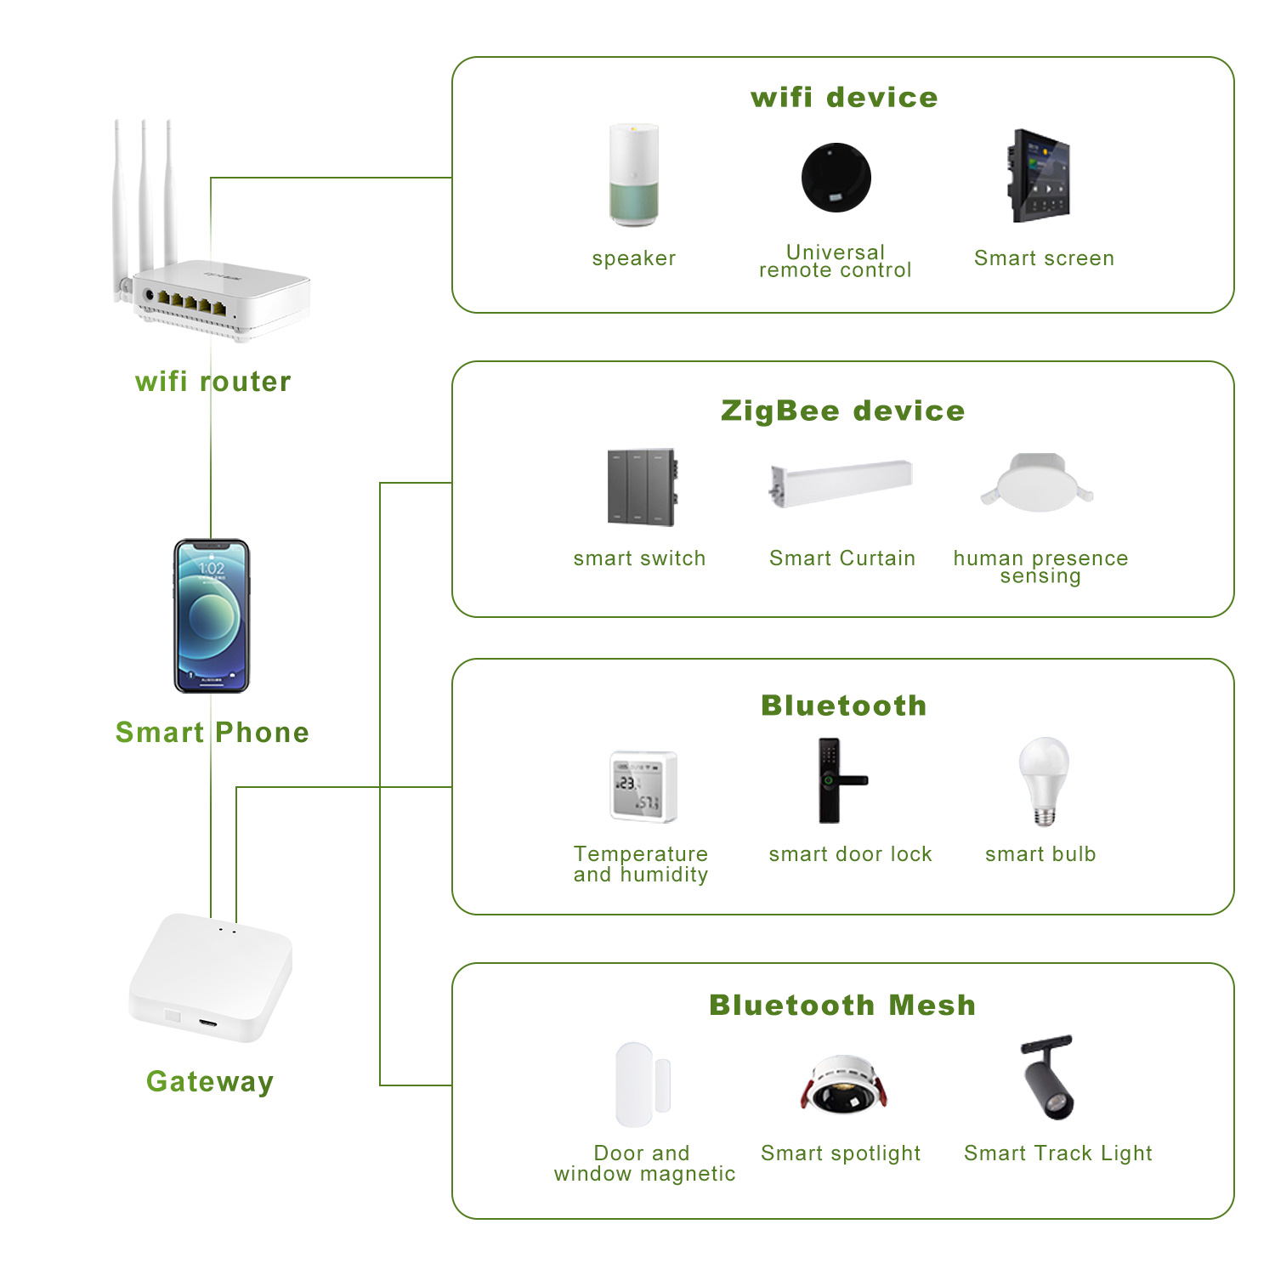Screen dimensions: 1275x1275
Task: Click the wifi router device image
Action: [x=217, y=297]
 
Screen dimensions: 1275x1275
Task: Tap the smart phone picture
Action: [x=212, y=616]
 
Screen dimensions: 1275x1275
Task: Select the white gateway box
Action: [x=211, y=977]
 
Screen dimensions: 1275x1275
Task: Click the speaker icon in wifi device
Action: [x=634, y=176]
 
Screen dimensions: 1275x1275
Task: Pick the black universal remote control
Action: [x=836, y=178]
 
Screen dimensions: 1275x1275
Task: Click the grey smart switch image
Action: [x=643, y=488]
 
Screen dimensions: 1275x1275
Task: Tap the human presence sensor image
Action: [x=1037, y=483]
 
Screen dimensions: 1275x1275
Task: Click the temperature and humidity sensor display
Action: [x=643, y=786]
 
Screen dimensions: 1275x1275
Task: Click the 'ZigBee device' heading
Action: [x=842, y=411]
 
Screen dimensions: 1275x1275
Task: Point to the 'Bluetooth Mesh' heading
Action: [x=842, y=1006]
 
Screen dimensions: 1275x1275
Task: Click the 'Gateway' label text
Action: [x=210, y=1082]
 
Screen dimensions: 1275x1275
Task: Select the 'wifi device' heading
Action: [x=844, y=98]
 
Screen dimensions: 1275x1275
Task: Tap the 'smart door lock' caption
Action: [x=850, y=854]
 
